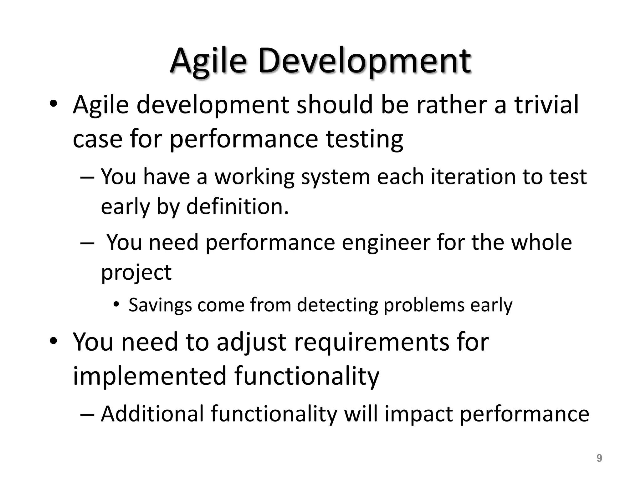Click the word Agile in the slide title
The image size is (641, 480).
tap(208, 61)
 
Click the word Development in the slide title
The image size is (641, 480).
tap(364, 61)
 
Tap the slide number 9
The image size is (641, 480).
tap(599, 458)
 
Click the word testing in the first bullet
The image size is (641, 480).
tap(364, 139)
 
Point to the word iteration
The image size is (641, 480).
tap(473, 177)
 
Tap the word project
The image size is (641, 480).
tap(136, 272)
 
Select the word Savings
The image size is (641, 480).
tap(160, 305)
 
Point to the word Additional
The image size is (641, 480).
tap(152, 414)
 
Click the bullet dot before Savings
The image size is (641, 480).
tap(116, 304)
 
